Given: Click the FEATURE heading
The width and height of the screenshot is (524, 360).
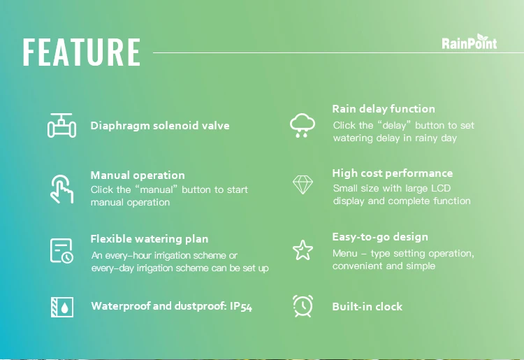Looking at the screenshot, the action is tap(82, 52).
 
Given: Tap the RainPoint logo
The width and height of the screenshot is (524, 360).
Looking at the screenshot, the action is tap(470, 42).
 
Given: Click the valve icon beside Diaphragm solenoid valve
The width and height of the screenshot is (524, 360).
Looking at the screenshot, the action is tap(61, 126).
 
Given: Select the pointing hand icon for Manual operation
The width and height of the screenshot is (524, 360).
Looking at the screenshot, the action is tap(61, 189).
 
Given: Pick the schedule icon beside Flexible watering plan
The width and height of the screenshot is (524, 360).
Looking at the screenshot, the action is tap(61, 251).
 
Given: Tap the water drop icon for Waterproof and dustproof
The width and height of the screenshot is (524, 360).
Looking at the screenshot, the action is tap(62, 307).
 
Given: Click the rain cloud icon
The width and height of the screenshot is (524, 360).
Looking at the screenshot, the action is tap(303, 125).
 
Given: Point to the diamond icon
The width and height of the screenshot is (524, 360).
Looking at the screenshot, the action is tap(303, 185).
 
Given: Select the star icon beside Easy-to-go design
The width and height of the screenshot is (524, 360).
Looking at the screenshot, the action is tap(303, 250).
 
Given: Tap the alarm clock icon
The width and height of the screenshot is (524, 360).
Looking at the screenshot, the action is tap(303, 306).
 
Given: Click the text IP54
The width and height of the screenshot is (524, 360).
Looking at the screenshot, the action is tap(241, 306).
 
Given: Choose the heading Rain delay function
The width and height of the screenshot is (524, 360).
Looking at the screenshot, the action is tap(384, 108).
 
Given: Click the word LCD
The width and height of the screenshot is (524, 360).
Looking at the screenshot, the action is tap(441, 188).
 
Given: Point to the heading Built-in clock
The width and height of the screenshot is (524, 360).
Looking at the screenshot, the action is tap(367, 306).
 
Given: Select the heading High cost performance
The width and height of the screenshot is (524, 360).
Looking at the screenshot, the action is tap(393, 173).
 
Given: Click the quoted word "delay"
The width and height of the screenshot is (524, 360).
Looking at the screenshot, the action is tap(393, 125).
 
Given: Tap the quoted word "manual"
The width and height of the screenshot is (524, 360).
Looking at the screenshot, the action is tap(156, 189).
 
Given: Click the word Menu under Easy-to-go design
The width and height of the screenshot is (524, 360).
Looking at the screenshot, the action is tap(345, 253).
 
